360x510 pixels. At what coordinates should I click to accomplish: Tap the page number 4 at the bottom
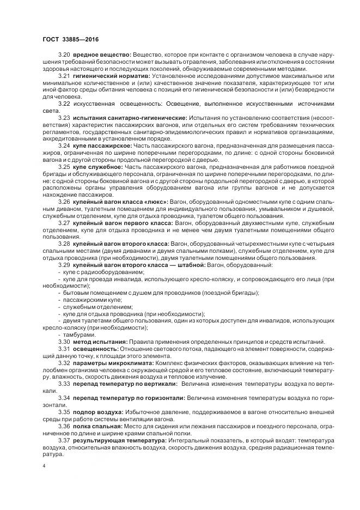(44, 466)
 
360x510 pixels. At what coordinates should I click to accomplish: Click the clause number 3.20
(64, 55)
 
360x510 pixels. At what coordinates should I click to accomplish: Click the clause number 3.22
(64, 104)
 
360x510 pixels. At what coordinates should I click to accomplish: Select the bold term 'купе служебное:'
(99, 167)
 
